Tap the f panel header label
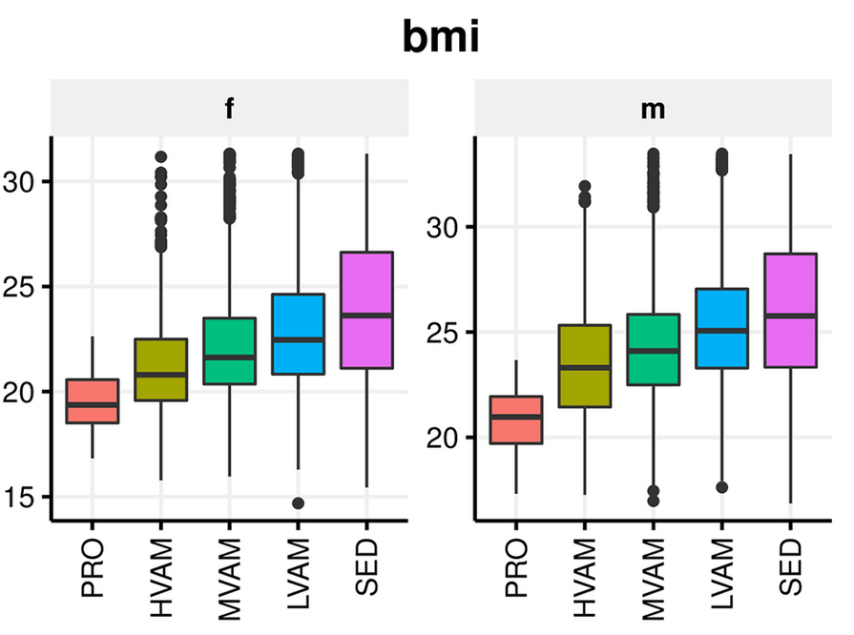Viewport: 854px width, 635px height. (x=229, y=109)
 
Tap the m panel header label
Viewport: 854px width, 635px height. (x=653, y=109)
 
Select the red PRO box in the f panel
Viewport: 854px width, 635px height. (x=92, y=400)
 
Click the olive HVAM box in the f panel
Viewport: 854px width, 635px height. (x=160, y=369)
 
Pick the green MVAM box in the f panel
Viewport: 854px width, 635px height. (x=229, y=351)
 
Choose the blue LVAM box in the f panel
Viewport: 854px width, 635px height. (x=298, y=334)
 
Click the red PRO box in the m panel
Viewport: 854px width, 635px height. (x=515, y=420)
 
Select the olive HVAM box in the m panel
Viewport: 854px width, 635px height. (x=584, y=366)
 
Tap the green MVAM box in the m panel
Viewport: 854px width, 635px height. (x=653, y=349)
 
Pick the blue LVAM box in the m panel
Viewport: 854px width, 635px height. (x=721, y=328)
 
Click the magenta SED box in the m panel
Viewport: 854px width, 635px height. (x=790, y=310)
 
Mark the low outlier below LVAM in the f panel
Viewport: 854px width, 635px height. (x=298, y=502)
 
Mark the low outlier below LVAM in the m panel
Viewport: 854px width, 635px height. (x=721, y=487)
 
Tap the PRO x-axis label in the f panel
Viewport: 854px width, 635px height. (x=93, y=570)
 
